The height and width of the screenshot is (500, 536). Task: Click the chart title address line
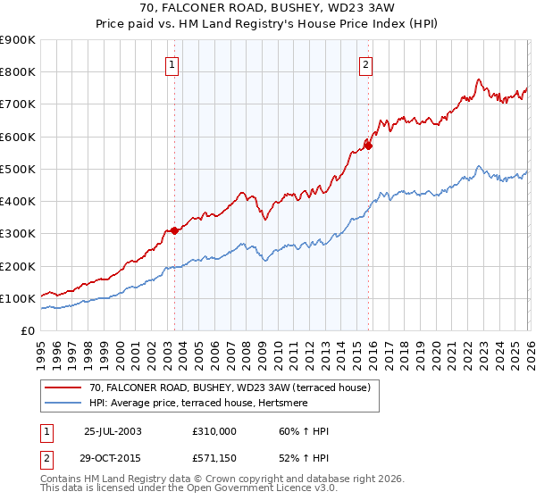[269, 8]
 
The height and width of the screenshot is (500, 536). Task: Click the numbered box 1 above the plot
[171, 63]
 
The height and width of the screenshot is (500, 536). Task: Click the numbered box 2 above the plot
[366, 63]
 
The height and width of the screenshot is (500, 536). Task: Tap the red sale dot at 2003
[175, 230]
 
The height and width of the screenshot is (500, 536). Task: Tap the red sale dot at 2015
[368, 146]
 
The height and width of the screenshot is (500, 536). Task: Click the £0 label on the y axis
[27, 331]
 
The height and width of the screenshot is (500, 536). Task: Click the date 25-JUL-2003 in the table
[113, 431]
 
